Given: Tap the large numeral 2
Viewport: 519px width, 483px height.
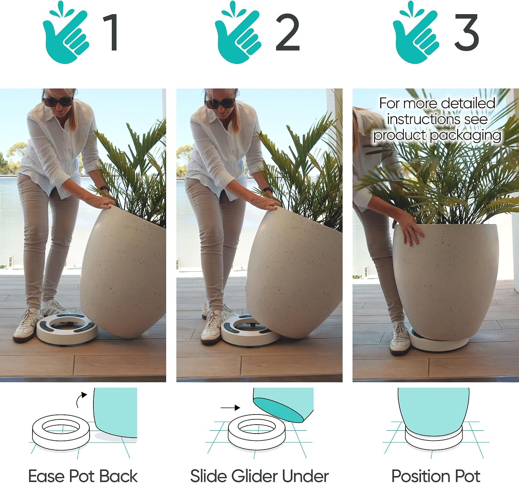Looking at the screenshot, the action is pyautogui.click(x=288, y=32).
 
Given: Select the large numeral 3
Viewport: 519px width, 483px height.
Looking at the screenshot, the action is pyautogui.click(x=466, y=32).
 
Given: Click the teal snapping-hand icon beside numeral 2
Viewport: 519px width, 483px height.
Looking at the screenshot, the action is pyautogui.click(x=238, y=32).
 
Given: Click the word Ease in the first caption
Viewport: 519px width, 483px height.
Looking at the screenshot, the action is pyautogui.click(x=47, y=476).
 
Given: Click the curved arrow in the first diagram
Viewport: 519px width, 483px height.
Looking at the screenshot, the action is pyautogui.click(x=80, y=400).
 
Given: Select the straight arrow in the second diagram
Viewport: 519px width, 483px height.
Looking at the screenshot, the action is pyautogui.click(x=230, y=408).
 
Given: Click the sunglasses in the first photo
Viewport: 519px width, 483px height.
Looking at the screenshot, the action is pyautogui.click(x=58, y=101).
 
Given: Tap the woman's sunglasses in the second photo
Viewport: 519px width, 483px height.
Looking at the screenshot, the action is pyautogui.click(x=220, y=103).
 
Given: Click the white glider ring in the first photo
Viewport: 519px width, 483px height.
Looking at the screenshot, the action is pyautogui.click(x=67, y=329).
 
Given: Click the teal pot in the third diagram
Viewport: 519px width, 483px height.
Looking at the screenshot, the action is pyautogui.click(x=433, y=412).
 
